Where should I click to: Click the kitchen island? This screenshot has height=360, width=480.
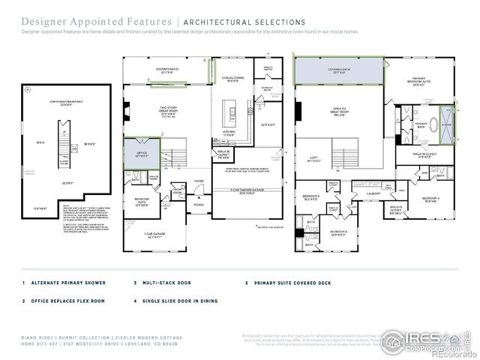pyautogui.click(x=232, y=117)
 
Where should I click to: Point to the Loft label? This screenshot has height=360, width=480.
pyautogui.click(x=316, y=159)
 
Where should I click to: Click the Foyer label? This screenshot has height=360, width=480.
pyautogui.click(x=199, y=181)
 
